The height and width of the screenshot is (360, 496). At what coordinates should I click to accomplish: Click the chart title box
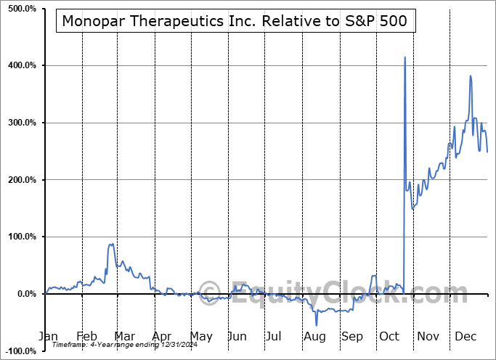pos(237,22)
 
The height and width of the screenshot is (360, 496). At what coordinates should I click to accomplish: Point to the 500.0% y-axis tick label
pos(21,9)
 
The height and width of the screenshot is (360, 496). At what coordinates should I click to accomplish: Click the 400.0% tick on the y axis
pos(21,66)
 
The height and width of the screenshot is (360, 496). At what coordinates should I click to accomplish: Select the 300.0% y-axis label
pos(21,123)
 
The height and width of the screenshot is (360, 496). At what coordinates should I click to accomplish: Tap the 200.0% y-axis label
pos(21,180)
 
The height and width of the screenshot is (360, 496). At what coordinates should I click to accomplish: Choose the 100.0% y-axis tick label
pos(21,237)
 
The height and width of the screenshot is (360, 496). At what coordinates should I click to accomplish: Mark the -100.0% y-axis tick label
pos(20,351)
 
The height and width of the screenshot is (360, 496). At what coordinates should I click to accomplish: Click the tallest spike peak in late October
pos(404,57)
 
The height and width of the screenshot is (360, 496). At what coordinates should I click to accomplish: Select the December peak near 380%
pos(471,75)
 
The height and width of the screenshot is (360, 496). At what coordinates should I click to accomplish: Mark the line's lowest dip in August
pos(316,325)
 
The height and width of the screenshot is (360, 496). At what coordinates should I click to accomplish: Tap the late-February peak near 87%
pos(111,245)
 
